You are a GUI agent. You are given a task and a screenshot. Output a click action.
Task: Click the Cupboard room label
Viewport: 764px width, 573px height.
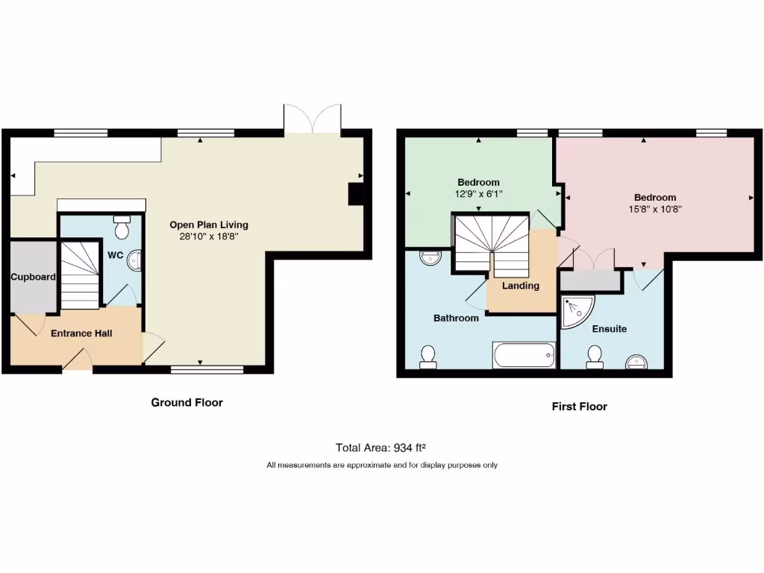point(33,277)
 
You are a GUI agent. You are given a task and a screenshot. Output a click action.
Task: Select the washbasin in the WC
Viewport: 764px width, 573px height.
point(135,260)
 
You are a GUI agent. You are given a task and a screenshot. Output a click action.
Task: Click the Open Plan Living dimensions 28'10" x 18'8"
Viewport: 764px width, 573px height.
point(209,237)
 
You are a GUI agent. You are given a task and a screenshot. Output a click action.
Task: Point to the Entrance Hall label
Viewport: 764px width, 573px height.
point(81,334)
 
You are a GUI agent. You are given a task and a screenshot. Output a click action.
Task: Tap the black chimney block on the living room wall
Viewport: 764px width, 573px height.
point(357,193)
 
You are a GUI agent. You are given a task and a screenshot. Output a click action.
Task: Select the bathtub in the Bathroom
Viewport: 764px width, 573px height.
point(525,355)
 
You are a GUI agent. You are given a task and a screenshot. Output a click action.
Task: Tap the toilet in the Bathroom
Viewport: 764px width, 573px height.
point(428,356)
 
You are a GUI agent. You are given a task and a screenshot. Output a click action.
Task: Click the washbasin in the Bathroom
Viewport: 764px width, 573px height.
point(430,258)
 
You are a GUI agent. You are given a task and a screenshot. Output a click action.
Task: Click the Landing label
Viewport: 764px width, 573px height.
point(520,286)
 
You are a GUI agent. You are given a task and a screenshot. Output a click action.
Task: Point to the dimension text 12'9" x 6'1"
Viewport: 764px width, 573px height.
point(478,194)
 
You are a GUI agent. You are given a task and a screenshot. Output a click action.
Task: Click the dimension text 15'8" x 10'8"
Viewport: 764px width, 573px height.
point(655,210)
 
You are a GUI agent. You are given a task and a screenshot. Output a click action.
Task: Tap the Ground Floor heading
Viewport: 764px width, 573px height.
point(187,402)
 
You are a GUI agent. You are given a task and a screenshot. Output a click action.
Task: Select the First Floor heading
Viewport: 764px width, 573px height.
point(579,407)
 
